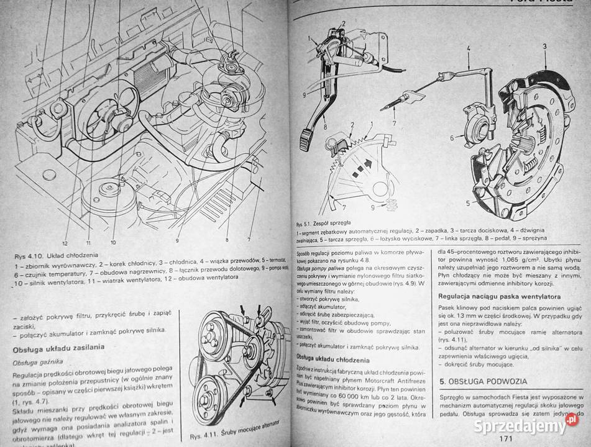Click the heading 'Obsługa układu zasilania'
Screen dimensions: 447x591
tap(58, 346)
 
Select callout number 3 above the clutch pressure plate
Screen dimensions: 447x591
tap(544, 47)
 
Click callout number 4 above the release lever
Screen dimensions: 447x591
tap(468, 47)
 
